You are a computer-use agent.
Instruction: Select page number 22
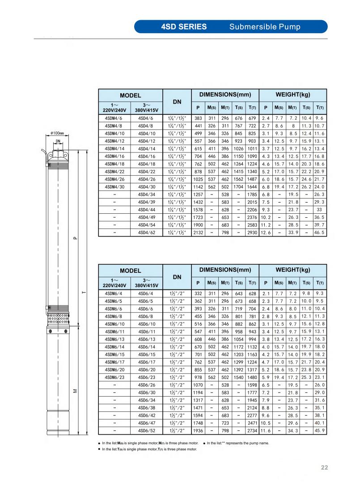point(325,467)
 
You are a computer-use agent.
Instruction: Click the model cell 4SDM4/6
point(114,119)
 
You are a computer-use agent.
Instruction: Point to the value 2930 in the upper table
point(252,233)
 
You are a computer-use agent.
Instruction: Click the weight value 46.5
point(320,233)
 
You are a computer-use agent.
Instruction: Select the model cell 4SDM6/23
point(114,377)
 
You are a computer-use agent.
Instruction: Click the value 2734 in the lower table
point(252,431)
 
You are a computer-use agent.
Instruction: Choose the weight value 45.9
point(320,431)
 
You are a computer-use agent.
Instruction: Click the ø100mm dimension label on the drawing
point(58,133)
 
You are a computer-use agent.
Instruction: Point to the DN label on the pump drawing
point(58,142)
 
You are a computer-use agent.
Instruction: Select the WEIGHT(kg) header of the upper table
point(293,95)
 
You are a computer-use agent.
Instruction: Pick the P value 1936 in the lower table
point(198,431)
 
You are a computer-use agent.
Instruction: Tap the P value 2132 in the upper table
point(198,233)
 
